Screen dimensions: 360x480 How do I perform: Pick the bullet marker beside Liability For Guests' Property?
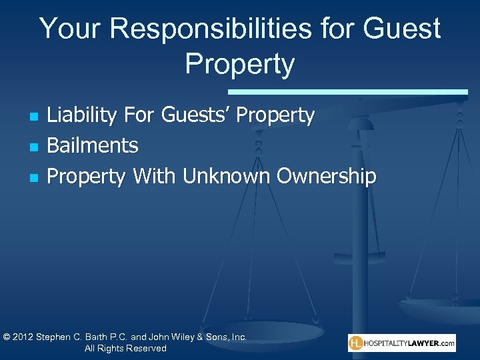tap(34, 117)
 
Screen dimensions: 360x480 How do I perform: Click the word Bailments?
tap(93, 145)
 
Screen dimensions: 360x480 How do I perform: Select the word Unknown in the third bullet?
tap(227, 176)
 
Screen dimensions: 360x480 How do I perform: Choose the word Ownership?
tap(326, 176)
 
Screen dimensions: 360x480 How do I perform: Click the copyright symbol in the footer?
tap(7, 337)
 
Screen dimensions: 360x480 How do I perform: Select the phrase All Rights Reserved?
tap(125, 349)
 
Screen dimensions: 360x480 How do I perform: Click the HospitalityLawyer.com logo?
tap(401, 343)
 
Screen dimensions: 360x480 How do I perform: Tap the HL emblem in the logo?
tap(357, 343)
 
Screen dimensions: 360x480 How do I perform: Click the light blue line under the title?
tap(347, 91)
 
